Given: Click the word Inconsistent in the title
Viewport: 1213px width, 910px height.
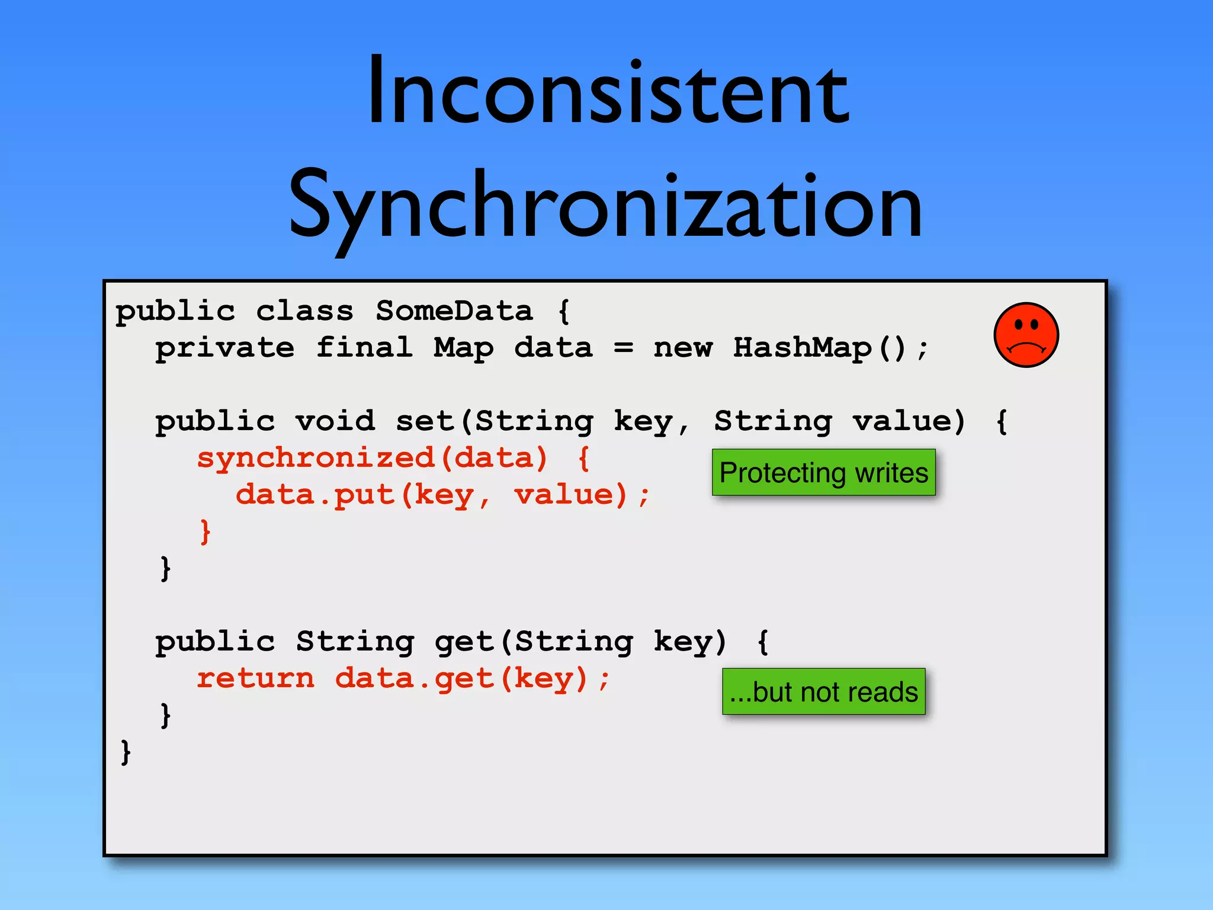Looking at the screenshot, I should [608, 92].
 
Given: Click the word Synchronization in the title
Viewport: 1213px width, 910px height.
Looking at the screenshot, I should [605, 206].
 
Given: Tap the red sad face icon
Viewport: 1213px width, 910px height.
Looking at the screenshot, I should [1026, 335].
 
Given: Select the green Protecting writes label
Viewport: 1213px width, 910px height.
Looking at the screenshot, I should [823, 473].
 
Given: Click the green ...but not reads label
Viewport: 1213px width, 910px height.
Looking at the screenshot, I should [823, 692].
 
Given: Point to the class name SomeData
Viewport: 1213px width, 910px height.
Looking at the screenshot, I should [454, 311].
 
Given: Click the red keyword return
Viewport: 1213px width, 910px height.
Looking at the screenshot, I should [255, 678].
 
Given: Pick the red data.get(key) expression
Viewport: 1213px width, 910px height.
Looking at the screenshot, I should [462, 678].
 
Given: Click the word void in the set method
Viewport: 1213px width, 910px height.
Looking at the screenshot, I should [335, 421].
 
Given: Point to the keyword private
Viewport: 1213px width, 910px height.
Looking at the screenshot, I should [224, 348].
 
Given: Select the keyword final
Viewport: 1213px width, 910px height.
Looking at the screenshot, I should [364, 348].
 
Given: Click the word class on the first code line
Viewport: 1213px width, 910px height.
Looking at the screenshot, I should [304, 311].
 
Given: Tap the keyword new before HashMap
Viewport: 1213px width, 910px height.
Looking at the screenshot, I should [683, 348].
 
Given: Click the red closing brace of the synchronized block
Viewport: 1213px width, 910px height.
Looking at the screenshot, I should [205, 531].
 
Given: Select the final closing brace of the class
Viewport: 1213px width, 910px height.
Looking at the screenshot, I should [125, 752].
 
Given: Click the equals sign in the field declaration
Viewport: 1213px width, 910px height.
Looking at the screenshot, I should [623, 348].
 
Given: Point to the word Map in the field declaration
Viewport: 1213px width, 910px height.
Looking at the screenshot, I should [463, 348].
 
